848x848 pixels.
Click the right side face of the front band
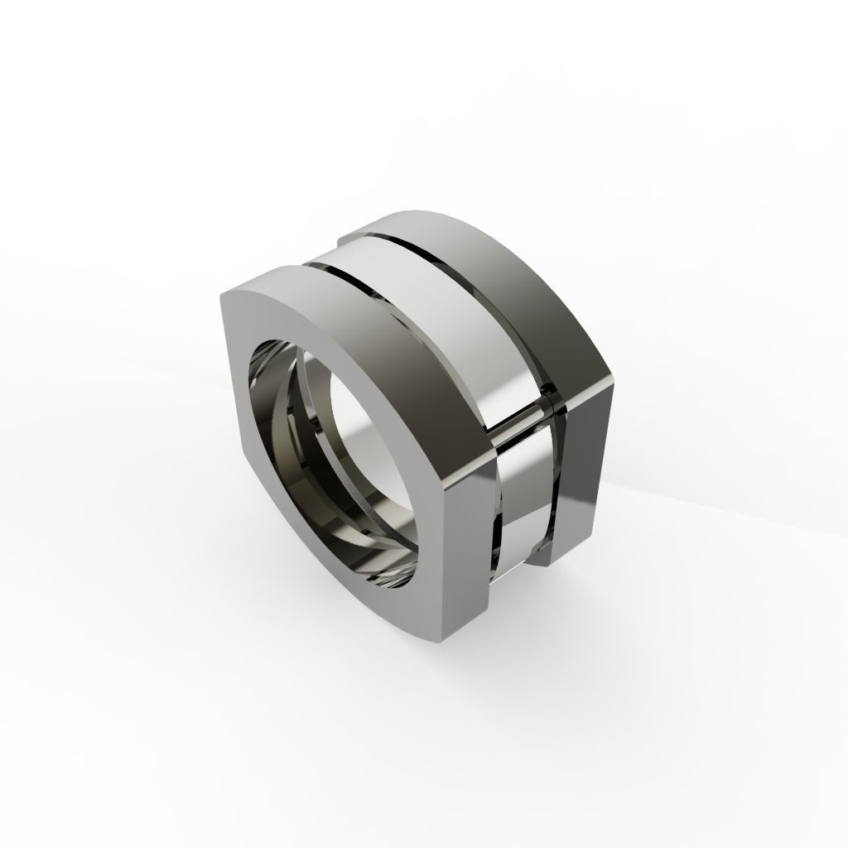tap(468, 563)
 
